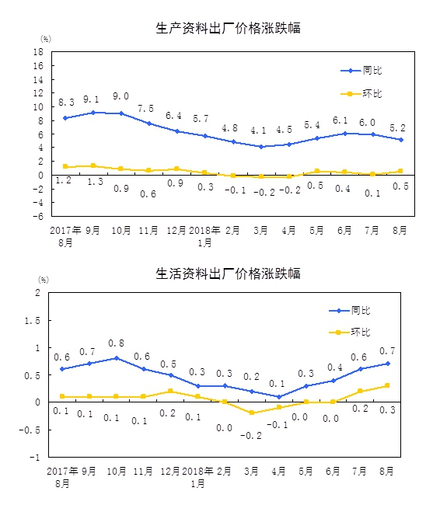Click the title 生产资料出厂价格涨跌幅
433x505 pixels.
[x=228, y=28]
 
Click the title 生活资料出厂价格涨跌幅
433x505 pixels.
[x=228, y=273]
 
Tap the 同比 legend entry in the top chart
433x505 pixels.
[x=361, y=70]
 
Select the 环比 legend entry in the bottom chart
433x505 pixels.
[x=350, y=332]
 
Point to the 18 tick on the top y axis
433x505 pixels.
[x=38, y=52]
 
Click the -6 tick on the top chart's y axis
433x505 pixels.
[x=38, y=216]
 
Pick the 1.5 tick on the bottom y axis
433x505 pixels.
[x=32, y=320]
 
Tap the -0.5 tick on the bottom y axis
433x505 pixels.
[x=30, y=430]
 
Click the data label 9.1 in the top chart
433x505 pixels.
[x=91, y=99]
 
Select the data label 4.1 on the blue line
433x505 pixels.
[x=258, y=131]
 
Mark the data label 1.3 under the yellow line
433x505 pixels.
[x=96, y=182]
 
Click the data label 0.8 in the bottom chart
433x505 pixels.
[x=116, y=343]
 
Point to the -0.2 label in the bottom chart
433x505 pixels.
[x=251, y=436]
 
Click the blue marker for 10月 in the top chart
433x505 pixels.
[x=121, y=113]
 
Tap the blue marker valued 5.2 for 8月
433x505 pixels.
[x=401, y=140]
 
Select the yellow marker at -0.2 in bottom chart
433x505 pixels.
[x=252, y=413]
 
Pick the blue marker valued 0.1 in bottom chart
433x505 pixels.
[x=279, y=397]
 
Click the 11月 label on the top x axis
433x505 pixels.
[x=148, y=230]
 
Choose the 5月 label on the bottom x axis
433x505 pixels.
[x=305, y=471]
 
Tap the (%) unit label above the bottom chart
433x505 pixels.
[x=44, y=280]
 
